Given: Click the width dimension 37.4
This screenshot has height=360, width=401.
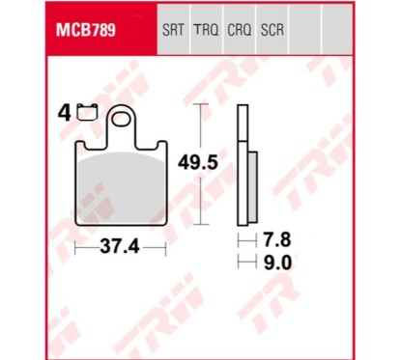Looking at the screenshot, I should pos(121,247).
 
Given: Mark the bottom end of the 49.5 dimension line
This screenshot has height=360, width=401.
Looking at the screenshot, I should pos(202,224).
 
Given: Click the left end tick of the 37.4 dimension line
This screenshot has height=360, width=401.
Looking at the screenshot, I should pos(76,247).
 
